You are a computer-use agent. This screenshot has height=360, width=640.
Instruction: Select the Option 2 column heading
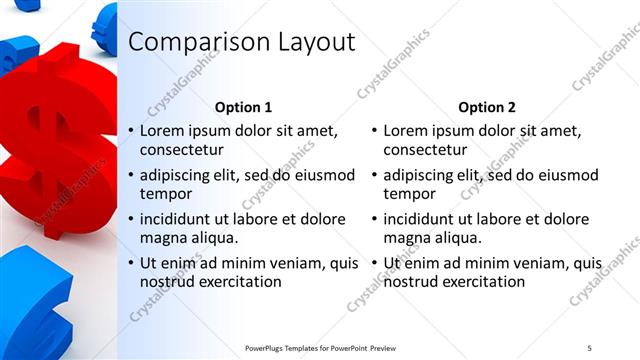(487, 107)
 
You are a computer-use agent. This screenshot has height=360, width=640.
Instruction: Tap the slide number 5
(589, 347)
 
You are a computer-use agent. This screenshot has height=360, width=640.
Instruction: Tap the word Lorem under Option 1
(162, 131)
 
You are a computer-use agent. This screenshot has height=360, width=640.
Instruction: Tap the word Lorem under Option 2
(406, 131)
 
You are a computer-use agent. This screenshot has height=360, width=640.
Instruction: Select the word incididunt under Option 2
(424, 219)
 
